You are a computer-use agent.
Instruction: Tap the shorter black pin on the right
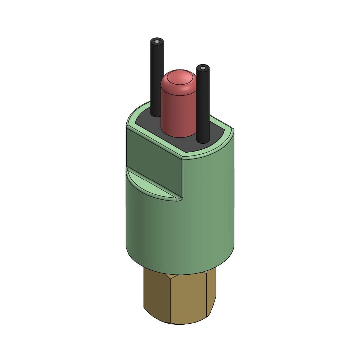[x=203, y=104]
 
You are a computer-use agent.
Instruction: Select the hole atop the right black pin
[x=203, y=68]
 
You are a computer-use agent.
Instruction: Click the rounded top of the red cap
[x=179, y=79]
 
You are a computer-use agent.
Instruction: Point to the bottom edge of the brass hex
[x=180, y=323]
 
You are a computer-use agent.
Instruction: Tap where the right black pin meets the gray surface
[x=203, y=141]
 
